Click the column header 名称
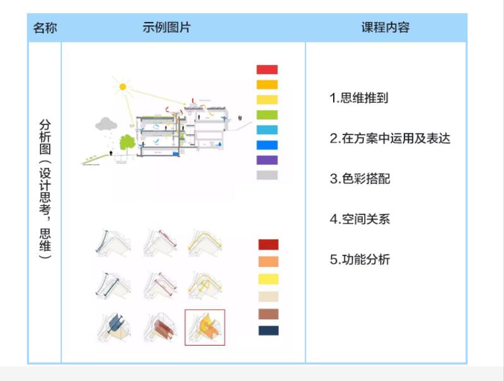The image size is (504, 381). tap(45, 28)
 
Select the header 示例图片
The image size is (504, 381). tap(167, 27)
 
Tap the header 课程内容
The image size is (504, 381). tap(385, 27)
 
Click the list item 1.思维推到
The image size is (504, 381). tap(359, 98)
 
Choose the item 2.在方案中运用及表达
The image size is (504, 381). tap(390, 138)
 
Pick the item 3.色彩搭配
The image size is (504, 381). tap(360, 179)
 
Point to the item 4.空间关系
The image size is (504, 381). tap(360, 220)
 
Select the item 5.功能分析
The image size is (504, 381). tap(360, 259)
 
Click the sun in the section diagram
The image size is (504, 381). tap(122, 87)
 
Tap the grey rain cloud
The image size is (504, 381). tap(106, 124)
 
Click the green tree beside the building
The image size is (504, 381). tap(127, 143)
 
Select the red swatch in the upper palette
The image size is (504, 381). tap(267, 69)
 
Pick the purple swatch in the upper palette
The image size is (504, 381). tap(267, 160)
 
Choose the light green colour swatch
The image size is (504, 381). tap(267, 115)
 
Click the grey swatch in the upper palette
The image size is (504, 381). tap(267, 175)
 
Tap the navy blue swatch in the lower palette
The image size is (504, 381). tap(268, 331)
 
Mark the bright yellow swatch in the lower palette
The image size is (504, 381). tap(268, 279)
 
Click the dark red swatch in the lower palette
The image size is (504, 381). tap(268, 245)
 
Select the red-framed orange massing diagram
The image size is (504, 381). tap(205, 327)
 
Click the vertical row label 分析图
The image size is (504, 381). tap(45, 136)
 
